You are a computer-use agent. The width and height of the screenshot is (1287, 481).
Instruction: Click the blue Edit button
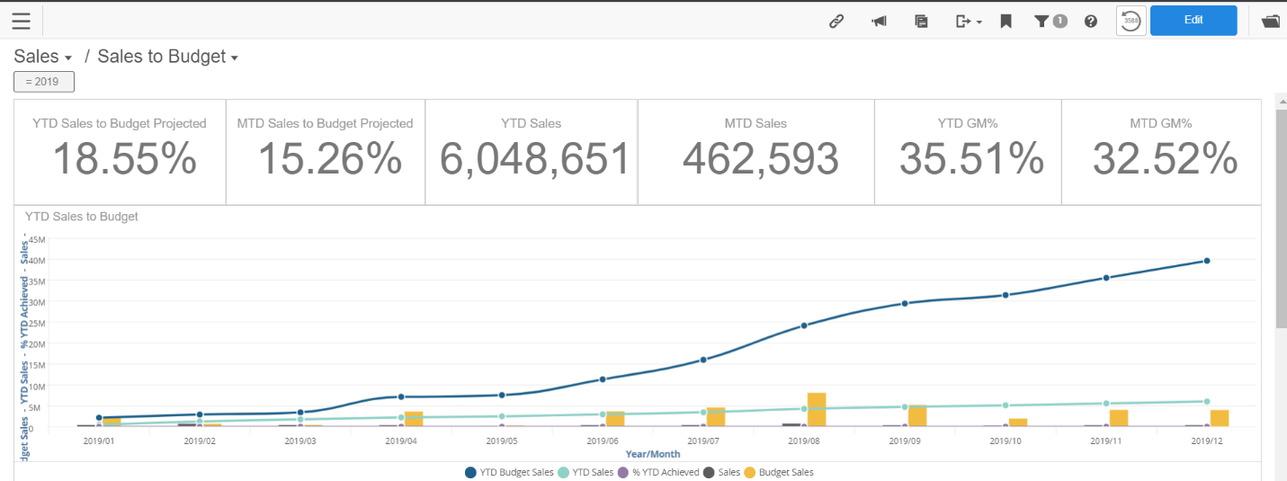tap(1193, 21)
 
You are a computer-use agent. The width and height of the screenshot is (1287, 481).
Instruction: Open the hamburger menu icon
tap(21, 21)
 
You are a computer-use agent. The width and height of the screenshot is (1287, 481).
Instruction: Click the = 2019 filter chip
tap(44, 82)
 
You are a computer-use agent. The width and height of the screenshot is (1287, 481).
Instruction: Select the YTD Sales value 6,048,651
tap(534, 159)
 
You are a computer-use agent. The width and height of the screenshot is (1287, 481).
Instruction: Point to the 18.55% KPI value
tap(124, 159)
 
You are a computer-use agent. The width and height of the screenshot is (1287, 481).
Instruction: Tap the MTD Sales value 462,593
tap(760, 159)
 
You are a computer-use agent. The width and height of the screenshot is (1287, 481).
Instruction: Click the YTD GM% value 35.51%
tap(971, 159)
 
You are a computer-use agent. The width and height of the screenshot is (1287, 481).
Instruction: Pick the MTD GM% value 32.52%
tap(1165, 159)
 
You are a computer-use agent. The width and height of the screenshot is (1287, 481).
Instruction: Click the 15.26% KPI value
tap(329, 159)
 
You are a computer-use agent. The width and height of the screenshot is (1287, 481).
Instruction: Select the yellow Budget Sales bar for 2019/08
tap(816, 409)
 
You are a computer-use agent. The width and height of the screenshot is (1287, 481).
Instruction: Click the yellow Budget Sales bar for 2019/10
tap(1017, 422)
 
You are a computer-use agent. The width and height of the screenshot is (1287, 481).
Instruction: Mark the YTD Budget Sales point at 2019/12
tap(1207, 261)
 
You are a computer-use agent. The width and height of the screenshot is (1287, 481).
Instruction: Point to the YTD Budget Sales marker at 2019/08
tap(804, 325)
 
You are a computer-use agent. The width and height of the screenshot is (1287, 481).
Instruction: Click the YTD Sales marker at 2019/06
tap(603, 414)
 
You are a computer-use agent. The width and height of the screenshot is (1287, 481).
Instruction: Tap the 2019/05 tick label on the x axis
tap(501, 441)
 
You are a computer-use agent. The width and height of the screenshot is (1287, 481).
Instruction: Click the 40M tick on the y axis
tap(36, 260)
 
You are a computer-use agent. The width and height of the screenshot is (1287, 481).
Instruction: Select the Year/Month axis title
tap(652, 454)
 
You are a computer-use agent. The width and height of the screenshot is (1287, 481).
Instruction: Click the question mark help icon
tap(1091, 22)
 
